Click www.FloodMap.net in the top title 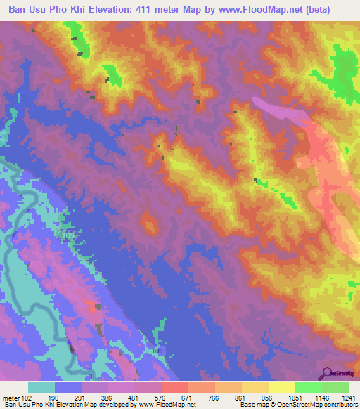click(270, 10)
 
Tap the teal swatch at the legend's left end click(41, 387)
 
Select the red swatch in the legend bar click(174, 387)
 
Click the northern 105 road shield click(67, 237)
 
